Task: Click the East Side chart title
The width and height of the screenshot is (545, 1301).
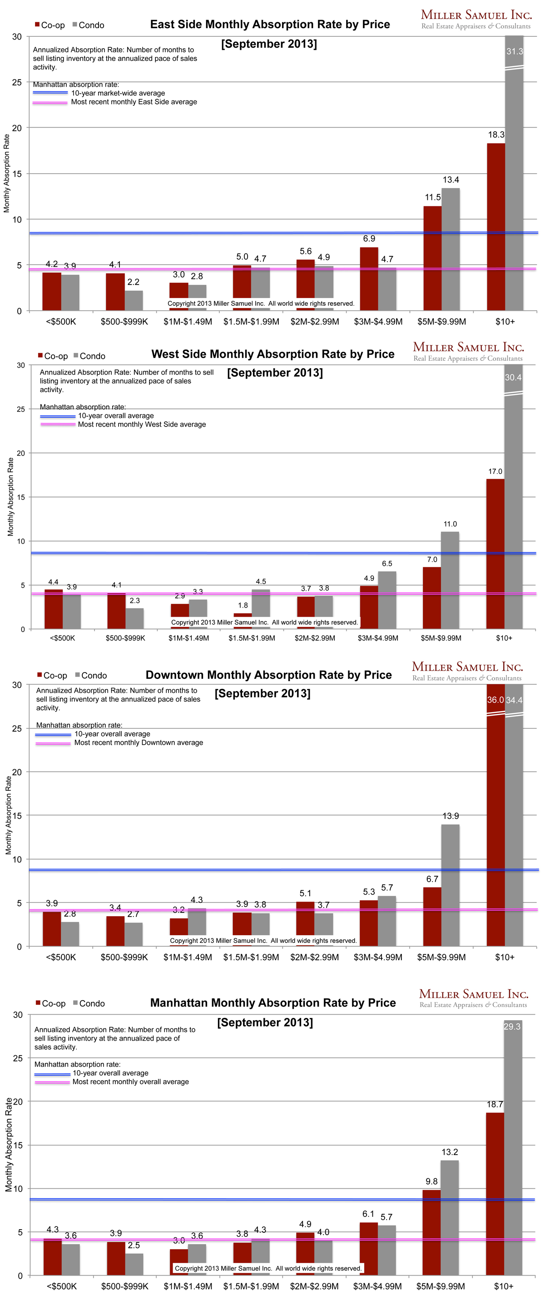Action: [270, 24]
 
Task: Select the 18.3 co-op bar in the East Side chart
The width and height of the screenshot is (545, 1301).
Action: [495, 227]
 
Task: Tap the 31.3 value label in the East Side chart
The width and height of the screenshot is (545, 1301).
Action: [514, 51]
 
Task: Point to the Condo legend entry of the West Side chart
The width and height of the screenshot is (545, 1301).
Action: [89, 356]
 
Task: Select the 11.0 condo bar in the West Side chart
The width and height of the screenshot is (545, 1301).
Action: [450, 580]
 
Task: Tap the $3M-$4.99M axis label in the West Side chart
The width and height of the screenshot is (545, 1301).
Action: [378, 638]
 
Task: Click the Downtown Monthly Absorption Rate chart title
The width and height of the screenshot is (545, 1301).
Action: [268, 675]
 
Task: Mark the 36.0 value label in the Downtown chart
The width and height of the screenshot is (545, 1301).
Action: [495, 700]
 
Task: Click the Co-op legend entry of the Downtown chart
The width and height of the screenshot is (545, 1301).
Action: [52, 676]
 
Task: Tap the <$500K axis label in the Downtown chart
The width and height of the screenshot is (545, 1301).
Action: [61, 957]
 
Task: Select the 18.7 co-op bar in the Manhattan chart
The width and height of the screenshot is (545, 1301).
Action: [495, 1194]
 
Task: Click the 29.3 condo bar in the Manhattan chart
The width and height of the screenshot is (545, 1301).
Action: [513, 1151]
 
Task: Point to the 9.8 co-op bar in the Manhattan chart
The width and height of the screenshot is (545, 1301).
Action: [431, 1232]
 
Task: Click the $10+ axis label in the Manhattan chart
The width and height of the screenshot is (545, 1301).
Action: [504, 1286]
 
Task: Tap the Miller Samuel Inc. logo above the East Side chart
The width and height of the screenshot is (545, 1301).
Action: [476, 19]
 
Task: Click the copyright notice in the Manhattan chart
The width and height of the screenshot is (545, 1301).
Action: [268, 1268]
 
